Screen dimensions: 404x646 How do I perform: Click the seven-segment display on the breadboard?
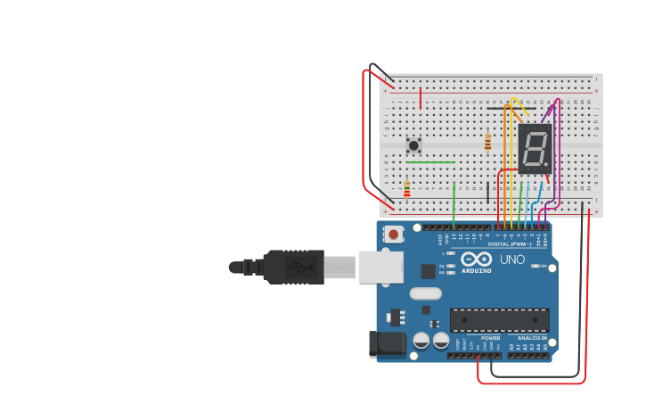(x=535, y=148)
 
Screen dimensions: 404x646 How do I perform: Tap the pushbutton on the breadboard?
(x=413, y=144)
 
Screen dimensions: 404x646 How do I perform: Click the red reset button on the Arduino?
(x=393, y=235)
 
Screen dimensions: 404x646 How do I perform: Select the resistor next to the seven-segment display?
(x=487, y=142)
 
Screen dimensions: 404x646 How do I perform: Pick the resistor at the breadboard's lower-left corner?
(x=407, y=189)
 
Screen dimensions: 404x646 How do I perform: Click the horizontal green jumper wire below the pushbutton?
(x=430, y=162)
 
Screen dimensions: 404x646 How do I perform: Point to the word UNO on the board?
(x=512, y=260)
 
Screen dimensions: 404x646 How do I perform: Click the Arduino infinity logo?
(x=476, y=259)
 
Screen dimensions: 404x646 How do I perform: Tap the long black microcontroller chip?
(x=499, y=320)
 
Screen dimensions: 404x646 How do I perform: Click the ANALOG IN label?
(x=533, y=338)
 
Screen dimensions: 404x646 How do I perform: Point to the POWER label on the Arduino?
(x=491, y=338)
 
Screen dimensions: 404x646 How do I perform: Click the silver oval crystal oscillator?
(x=425, y=293)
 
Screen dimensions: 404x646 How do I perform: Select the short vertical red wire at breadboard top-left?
(x=421, y=97)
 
